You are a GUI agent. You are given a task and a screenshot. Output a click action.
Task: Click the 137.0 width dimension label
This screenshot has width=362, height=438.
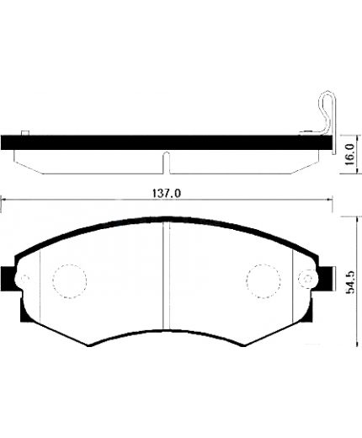[167, 194]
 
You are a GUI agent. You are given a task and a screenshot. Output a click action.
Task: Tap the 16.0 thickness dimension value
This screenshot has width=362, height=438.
[350, 155]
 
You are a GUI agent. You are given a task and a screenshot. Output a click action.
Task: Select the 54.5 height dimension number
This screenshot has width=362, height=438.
[350, 282]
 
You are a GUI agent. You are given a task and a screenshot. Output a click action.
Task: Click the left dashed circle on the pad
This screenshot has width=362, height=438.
[69, 281]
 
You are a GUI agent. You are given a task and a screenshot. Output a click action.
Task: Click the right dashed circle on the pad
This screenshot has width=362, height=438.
[264, 281]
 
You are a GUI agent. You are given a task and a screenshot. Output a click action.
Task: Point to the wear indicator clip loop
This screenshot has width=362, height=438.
[326, 112]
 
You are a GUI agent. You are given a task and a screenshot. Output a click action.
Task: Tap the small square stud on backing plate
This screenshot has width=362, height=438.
[25, 133]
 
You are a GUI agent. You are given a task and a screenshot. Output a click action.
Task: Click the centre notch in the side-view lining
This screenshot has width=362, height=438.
[167, 163]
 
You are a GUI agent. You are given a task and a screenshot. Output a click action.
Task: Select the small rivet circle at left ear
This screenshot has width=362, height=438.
[25, 279]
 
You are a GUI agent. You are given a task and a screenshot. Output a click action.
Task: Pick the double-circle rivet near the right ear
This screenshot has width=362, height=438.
[308, 279]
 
